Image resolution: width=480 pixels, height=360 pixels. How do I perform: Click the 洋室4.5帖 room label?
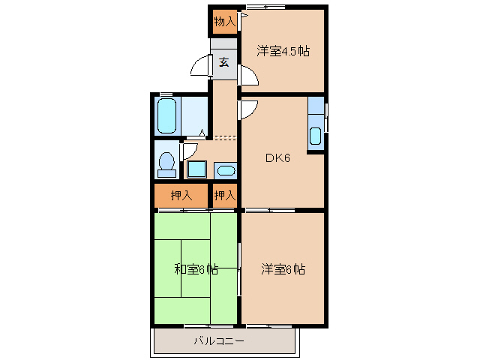click(283, 51)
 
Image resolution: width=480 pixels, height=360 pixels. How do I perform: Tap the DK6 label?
click(277, 157)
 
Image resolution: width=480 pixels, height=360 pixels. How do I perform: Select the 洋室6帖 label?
click(283, 268)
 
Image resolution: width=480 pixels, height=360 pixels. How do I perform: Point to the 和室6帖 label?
click(196, 268)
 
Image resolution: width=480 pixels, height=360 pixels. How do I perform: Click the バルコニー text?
click(223, 341)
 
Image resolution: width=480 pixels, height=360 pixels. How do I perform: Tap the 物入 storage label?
click(224, 22)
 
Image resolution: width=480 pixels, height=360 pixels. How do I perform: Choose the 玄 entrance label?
click(224, 63)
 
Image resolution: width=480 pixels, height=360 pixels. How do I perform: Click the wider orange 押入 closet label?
click(181, 196)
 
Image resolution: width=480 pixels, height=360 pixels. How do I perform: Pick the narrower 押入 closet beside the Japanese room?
click(224, 196)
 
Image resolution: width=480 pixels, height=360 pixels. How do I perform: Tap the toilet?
click(166, 163)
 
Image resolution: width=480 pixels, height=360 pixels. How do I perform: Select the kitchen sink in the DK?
click(316, 136)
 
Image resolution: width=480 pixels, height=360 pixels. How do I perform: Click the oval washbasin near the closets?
click(224, 169)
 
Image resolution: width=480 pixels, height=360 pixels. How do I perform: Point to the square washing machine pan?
click(196, 169)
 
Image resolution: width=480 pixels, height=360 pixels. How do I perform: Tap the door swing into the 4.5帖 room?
click(248, 76)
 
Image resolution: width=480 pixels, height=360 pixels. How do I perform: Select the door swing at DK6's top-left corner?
click(248, 109)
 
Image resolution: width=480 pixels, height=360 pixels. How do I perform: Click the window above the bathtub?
click(166, 94)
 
